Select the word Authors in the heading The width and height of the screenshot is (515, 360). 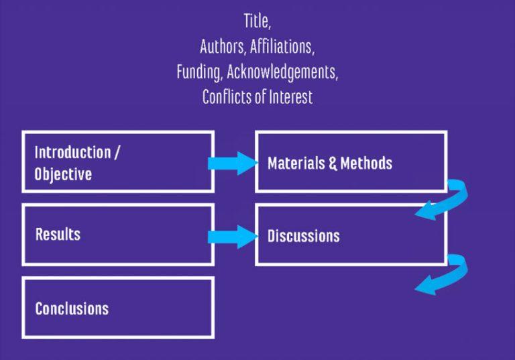(x=222, y=47)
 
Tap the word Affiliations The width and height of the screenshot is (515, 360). (x=282, y=47)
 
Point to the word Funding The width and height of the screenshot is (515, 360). (x=198, y=72)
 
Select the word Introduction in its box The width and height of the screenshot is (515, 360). (x=72, y=152)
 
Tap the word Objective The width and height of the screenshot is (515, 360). (x=63, y=174)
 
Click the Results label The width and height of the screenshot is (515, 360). (x=58, y=235)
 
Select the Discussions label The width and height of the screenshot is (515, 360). (x=303, y=236)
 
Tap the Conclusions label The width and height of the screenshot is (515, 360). (x=72, y=308)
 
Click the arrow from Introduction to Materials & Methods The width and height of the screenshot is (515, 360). (x=232, y=163)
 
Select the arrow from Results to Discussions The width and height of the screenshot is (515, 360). (x=232, y=236)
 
